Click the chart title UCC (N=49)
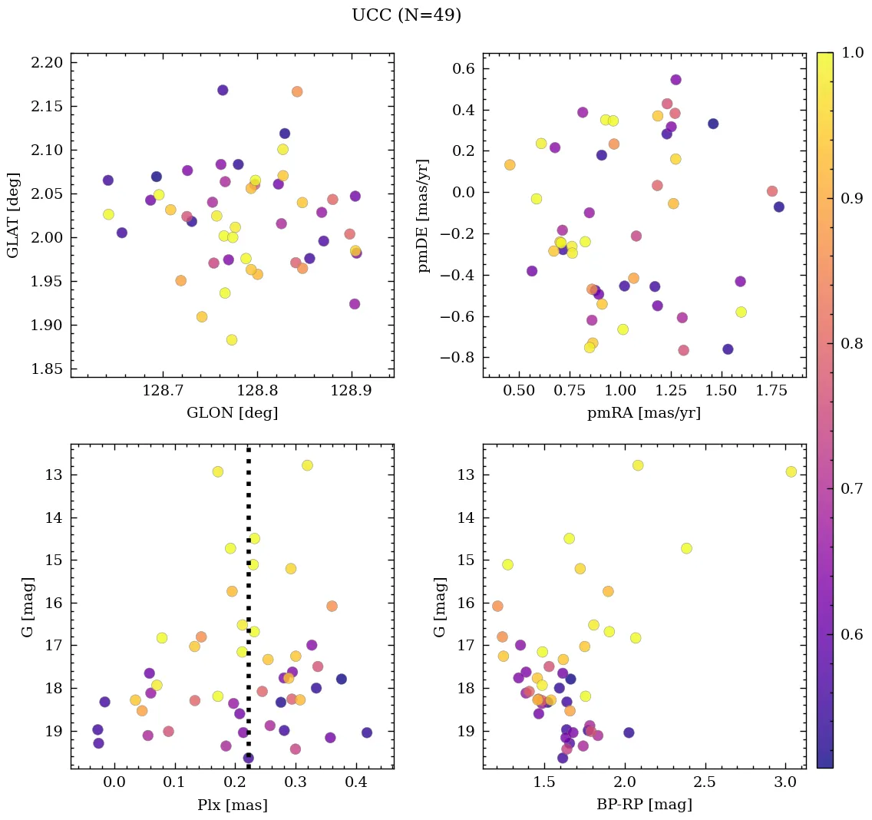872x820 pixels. click(x=406, y=15)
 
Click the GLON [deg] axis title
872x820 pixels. click(x=232, y=413)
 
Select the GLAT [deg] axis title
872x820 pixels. click(x=13, y=215)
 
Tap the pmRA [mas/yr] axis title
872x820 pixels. click(x=644, y=413)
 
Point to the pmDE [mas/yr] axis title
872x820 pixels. click(x=424, y=215)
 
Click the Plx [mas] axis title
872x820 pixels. click(x=232, y=805)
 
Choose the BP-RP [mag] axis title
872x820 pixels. click(x=644, y=805)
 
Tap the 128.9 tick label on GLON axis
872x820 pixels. click(x=352, y=392)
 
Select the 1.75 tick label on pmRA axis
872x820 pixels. click(x=771, y=392)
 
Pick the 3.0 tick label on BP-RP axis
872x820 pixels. click(x=784, y=782)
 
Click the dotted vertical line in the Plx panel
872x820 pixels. click(x=248, y=614)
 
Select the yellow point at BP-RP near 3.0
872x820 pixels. click(x=791, y=471)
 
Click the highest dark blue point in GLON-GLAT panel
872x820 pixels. click(x=223, y=90)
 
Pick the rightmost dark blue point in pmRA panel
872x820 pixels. click(x=779, y=207)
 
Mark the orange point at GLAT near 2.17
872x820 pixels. click(x=297, y=91)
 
